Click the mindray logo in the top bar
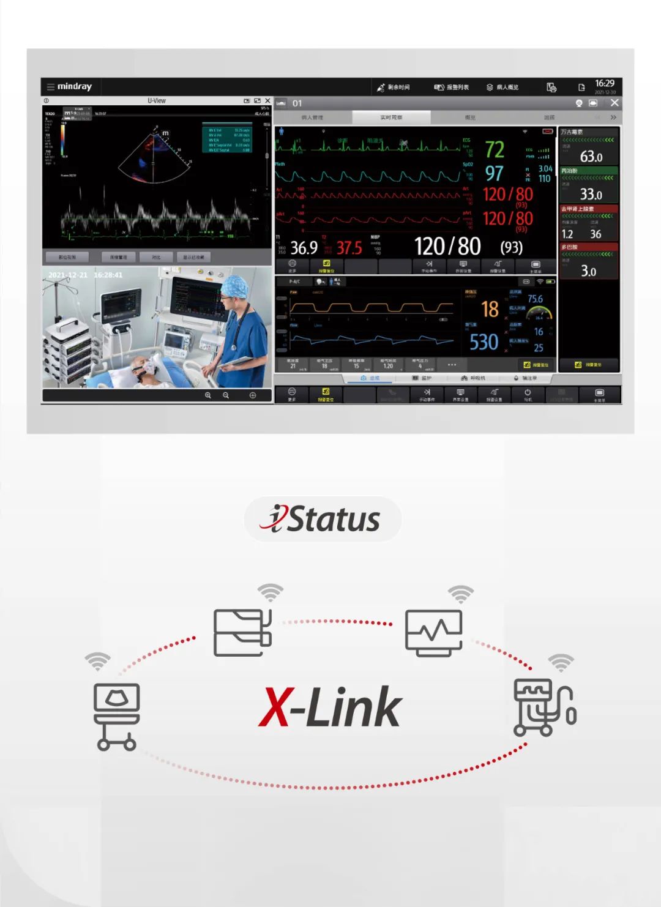(x=74, y=87)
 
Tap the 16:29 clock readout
(x=604, y=83)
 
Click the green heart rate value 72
(x=495, y=149)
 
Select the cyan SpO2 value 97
(x=494, y=174)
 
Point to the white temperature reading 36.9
(x=304, y=248)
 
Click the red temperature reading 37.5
(x=349, y=248)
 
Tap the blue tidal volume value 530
(x=484, y=342)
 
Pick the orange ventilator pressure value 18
(x=490, y=309)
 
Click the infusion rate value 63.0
(x=591, y=157)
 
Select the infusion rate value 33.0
(x=591, y=195)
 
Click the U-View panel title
(x=157, y=101)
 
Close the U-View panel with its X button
(x=267, y=101)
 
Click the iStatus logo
(x=323, y=520)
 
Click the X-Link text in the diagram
(x=330, y=707)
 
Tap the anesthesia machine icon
(x=543, y=707)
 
